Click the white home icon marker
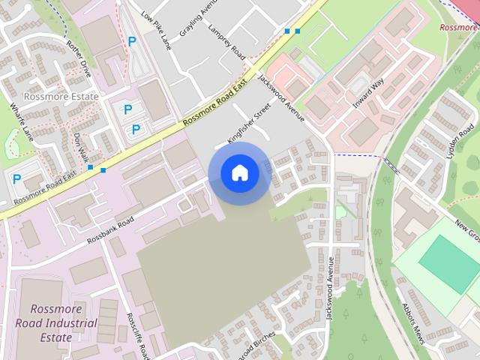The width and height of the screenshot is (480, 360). (x=240, y=173)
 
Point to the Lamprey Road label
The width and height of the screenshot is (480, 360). (x=227, y=43)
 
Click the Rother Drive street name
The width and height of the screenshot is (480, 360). (x=79, y=58)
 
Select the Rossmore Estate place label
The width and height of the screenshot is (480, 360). (x=61, y=97)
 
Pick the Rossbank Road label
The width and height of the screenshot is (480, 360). (x=109, y=230)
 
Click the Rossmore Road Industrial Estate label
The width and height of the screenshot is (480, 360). (x=56, y=323)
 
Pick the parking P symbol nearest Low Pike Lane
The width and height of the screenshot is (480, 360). (x=132, y=42)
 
